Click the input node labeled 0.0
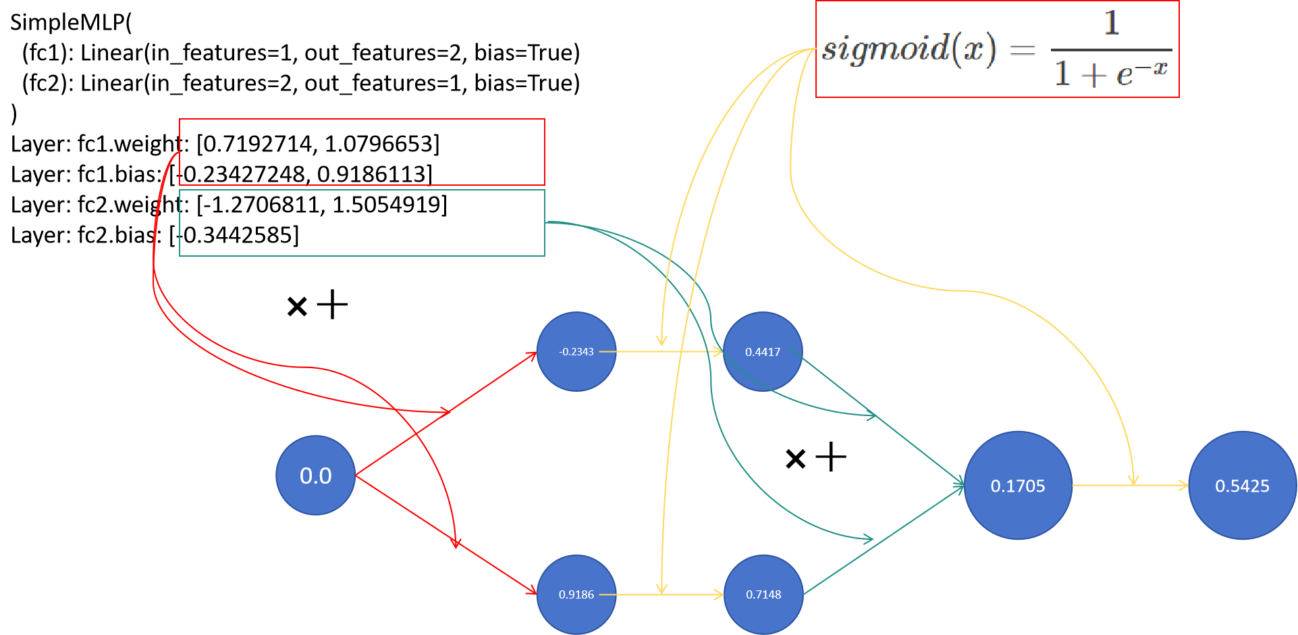[x=315, y=476]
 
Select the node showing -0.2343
[x=576, y=351]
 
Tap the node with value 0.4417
[x=763, y=351]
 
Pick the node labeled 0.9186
[x=576, y=594]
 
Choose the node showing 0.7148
[x=763, y=594]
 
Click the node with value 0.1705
[x=1018, y=486]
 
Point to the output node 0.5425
[x=1242, y=486]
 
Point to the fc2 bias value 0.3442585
[x=238, y=235]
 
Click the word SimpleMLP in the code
[x=67, y=22]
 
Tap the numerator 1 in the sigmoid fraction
[x=1112, y=24]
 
